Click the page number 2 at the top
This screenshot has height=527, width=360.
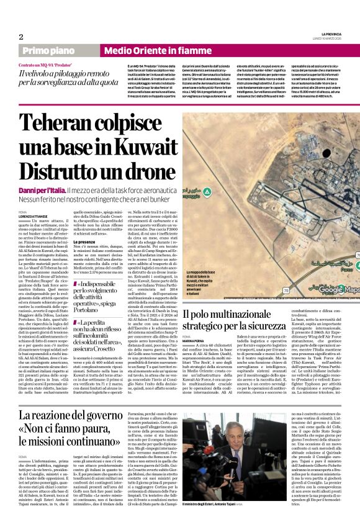click(x=20, y=36)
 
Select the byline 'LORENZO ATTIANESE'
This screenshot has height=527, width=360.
click(x=35, y=215)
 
